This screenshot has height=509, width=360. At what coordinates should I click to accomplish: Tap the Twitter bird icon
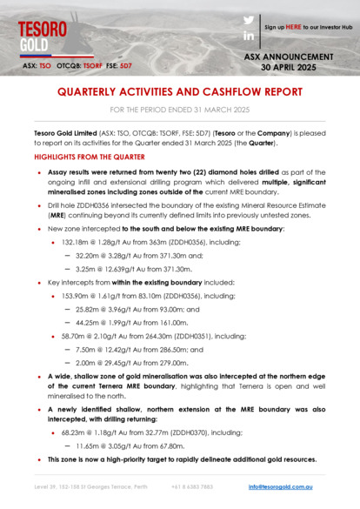coord(248,20)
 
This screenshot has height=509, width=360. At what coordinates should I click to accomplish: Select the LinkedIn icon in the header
coord(248,36)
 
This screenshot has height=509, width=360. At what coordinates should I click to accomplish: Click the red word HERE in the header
coord(293,27)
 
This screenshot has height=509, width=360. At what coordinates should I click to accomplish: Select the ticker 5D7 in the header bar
coord(125,66)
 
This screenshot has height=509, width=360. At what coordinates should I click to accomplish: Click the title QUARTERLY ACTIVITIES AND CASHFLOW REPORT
coord(179,92)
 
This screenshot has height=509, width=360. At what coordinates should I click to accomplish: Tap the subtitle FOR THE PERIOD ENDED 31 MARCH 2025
coord(179,111)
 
